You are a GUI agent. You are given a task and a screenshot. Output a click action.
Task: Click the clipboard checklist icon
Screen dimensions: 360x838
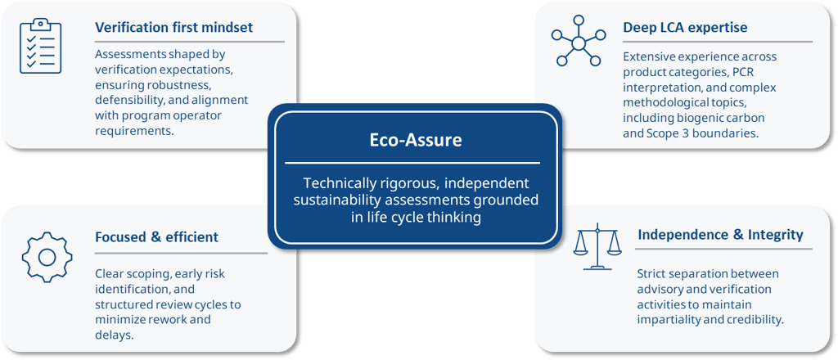click(40, 47)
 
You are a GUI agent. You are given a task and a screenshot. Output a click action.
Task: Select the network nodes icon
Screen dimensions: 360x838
click(577, 42)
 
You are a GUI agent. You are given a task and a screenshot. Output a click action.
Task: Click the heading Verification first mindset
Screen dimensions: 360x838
click(173, 27)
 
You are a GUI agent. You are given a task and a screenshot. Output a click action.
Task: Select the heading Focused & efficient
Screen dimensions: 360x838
click(156, 237)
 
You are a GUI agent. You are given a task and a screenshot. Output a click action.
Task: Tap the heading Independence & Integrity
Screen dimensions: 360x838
click(719, 235)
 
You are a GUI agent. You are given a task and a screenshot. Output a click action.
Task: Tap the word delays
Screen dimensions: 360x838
click(114, 335)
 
